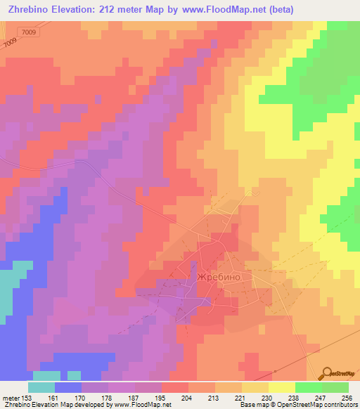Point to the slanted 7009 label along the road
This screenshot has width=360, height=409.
(x=10, y=44)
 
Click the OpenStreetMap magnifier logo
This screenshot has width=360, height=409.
(x=328, y=373)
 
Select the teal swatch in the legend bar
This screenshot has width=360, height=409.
(x=41, y=387)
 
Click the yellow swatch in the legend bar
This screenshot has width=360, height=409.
(x=281, y=387)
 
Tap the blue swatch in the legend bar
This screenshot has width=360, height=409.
(x=68, y=387)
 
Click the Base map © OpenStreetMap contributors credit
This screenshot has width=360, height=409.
(x=296, y=405)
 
